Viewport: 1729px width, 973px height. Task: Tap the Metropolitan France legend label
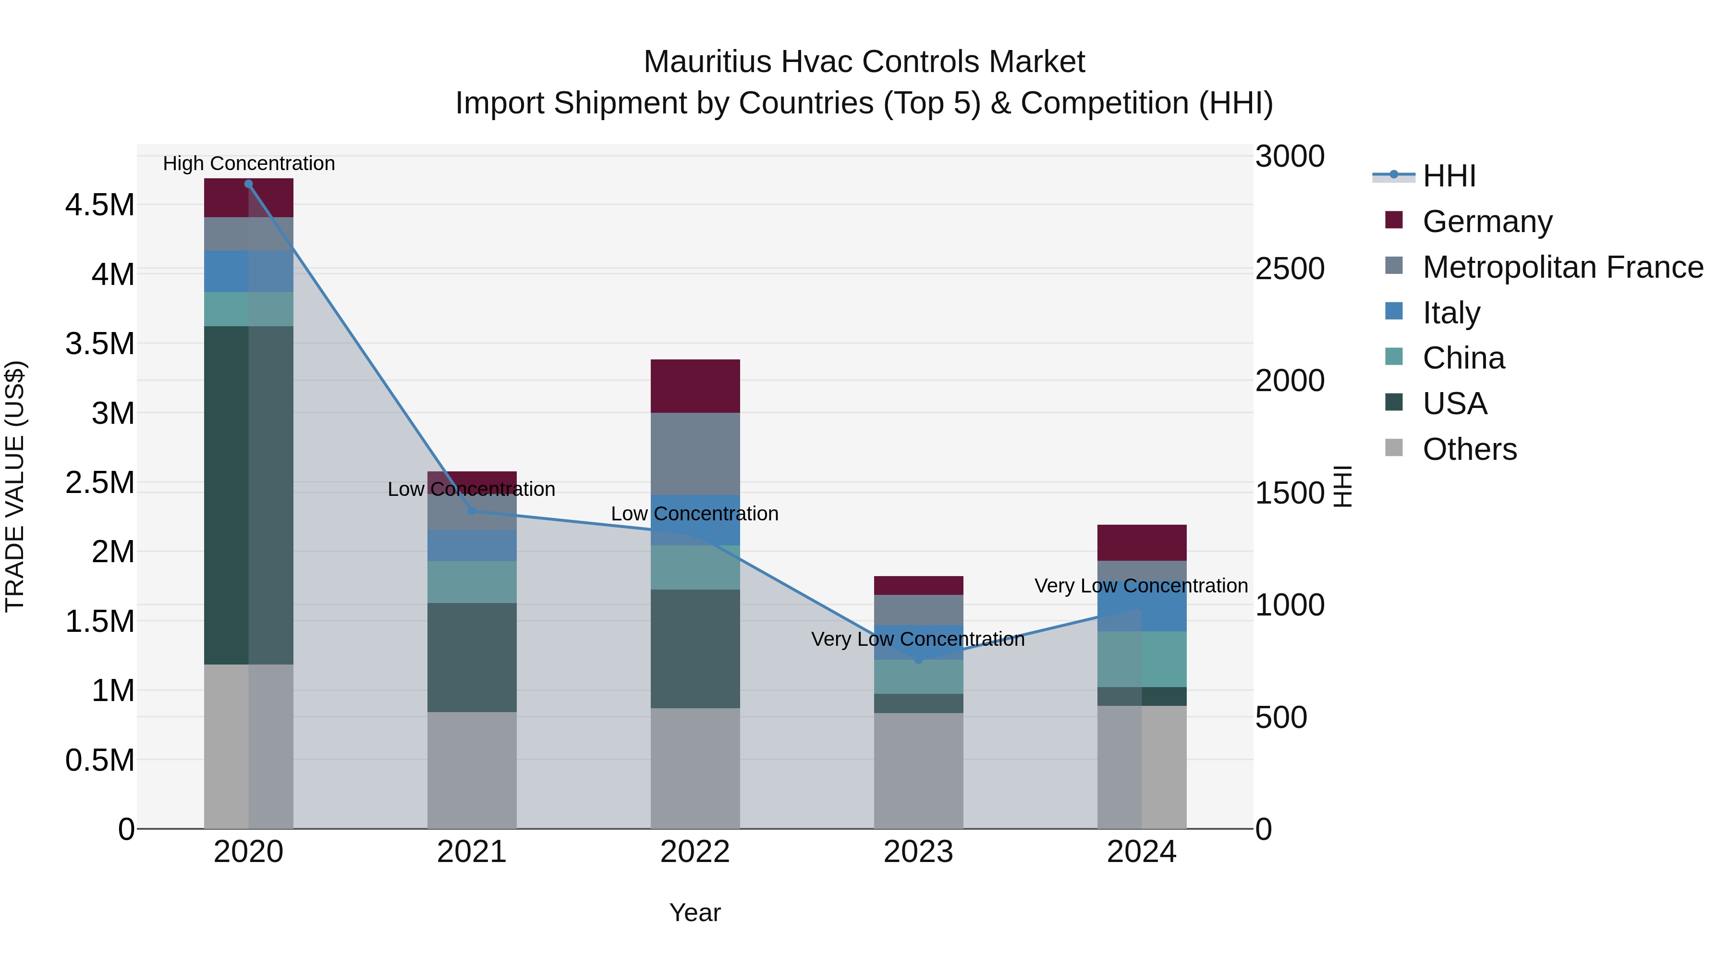1562,267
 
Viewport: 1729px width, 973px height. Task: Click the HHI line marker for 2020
248,184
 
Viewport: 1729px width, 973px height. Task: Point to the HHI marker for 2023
918,659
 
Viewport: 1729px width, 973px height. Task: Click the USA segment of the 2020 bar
248,495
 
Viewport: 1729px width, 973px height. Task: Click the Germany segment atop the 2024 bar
1141,542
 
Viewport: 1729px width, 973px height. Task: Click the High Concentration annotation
248,163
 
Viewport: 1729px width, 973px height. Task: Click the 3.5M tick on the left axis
99,344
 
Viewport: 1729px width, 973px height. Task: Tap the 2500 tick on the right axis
1290,269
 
